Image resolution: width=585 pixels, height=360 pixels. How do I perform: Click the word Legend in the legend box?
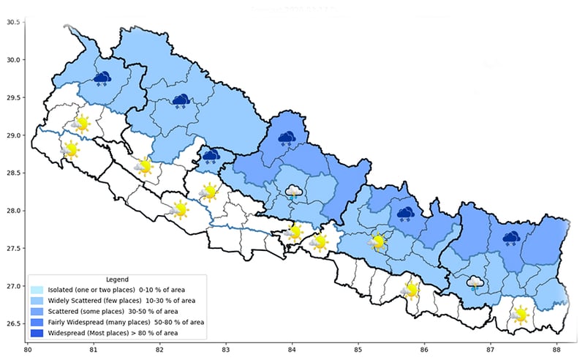(117, 280)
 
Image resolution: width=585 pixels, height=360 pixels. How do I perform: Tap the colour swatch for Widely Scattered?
(37, 300)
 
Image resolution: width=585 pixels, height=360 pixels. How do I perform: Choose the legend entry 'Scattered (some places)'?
(88, 311)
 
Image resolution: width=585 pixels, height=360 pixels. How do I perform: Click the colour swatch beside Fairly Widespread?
(37, 322)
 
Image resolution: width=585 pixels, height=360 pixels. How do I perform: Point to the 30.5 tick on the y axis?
(12, 22)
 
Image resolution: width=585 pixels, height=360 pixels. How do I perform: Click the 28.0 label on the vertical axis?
(12, 211)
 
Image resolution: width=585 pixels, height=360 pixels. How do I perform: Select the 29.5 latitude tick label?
(12, 97)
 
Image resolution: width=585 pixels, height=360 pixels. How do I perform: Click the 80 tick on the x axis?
(28, 350)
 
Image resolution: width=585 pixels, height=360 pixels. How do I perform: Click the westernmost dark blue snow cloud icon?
(102, 78)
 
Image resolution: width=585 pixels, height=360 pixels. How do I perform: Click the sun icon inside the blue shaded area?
(378, 241)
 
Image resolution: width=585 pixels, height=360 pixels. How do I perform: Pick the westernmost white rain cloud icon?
(293, 192)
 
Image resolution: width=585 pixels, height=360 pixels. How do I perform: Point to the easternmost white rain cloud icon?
(475, 282)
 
